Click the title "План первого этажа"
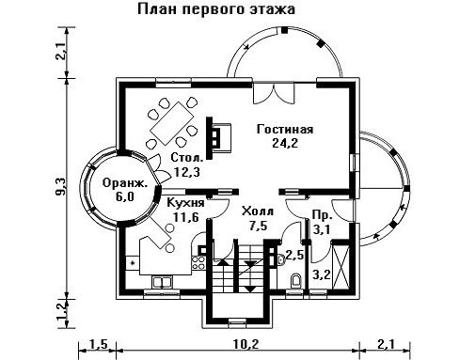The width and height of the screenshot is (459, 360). pyautogui.click(x=216, y=9)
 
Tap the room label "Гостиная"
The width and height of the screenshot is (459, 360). pyautogui.click(x=285, y=129)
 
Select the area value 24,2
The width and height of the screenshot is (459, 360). pyautogui.click(x=285, y=143)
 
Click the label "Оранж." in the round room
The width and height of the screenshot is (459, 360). pyautogui.click(x=125, y=183)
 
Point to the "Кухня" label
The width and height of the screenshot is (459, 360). pyautogui.click(x=185, y=203)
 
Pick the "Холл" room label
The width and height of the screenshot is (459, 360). pyautogui.click(x=258, y=211)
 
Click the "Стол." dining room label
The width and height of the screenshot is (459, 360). pyautogui.click(x=187, y=157)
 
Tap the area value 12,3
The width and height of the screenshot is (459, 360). pyautogui.click(x=187, y=172)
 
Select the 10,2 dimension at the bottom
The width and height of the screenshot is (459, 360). pyautogui.click(x=246, y=344)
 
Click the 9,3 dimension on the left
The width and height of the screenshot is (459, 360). pyautogui.click(x=60, y=187)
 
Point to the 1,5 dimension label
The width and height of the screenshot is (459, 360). pyautogui.click(x=99, y=344)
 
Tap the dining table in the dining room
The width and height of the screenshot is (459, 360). pyautogui.click(x=172, y=123)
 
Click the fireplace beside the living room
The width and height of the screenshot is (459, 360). pyautogui.click(x=219, y=138)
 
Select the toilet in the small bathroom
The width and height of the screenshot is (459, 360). pyautogui.click(x=295, y=281)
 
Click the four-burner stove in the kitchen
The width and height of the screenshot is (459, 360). pyautogui.click(x=198, y=263)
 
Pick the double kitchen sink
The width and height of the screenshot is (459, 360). pyautogui.click(x=162, y=282)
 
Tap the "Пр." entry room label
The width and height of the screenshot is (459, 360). pyautogui.click(x=323, y=215)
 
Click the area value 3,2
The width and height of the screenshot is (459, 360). pyautogui.click(x=322, y=275)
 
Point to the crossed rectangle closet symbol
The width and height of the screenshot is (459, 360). pyautogui.click(x=341, y=267)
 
